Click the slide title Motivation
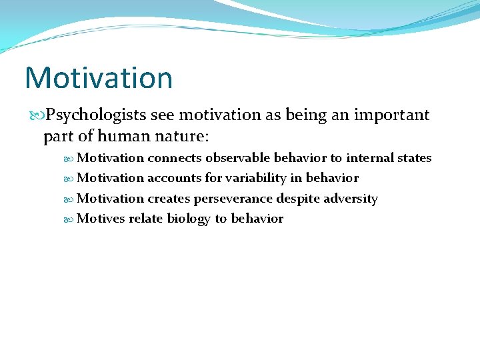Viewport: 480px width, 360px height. (99, 77)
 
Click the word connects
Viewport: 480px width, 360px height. (175, 158)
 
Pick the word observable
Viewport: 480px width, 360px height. (239, 158)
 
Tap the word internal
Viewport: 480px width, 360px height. (371, 158)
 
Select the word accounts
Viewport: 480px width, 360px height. (175, 178)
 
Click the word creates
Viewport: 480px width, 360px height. (169, 199)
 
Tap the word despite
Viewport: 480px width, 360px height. (297, 199)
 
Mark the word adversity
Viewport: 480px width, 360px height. (351, 199)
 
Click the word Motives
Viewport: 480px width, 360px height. (101, 219)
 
